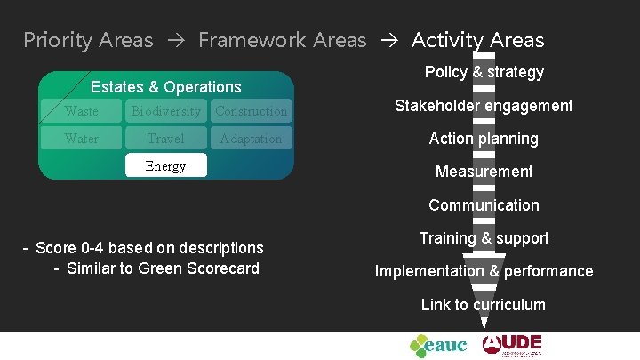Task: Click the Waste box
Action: click(82, 111)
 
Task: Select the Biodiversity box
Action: click(166, 111)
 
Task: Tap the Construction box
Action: click(251, 111)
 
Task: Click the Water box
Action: click(82, 139)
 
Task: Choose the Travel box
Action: click(166, 139)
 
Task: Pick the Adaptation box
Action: click(251, 139)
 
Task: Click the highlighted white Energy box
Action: click(166, 166)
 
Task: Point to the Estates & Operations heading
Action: click(166, 87)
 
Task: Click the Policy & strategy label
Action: click(484, 72)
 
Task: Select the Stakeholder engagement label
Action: click(484, 106)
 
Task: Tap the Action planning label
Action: click(484, 139)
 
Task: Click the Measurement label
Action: click(484, 172)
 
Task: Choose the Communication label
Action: click(484, 205)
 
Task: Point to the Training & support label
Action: click(484, 238)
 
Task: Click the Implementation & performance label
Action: click(484, 271)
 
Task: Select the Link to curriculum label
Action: click(484, 305)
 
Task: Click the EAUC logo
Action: click(437, 345)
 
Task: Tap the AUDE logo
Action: click(512, 344)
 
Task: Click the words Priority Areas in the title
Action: click(88, 40)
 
